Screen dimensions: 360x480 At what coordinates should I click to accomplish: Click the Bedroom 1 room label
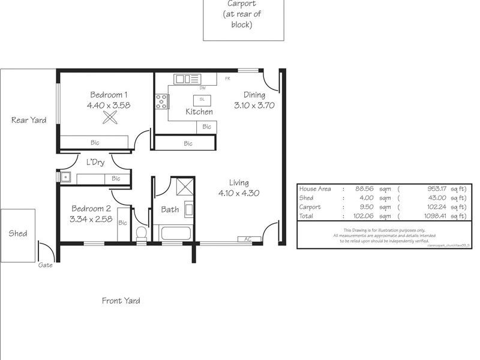(x=109, y=94)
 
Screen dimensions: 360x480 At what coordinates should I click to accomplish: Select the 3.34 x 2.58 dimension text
(x=91, y=219)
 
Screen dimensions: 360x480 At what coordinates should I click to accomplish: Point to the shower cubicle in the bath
(x=181, y=187)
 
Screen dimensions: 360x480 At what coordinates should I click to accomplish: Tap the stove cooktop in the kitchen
(x=161, y=102)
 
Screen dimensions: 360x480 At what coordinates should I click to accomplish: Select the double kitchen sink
(x=186, y=79)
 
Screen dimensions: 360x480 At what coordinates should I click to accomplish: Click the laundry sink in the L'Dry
(x=65, y=178)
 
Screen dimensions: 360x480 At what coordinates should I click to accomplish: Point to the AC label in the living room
(x=248, y=239)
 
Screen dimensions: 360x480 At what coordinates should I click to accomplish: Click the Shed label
(x=18, y=233)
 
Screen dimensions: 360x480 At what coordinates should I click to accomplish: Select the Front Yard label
(x=121, y=301)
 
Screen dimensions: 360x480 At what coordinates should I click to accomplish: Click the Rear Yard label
(x=29, y=120)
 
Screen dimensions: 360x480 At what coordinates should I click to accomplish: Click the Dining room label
(x=254, y=94)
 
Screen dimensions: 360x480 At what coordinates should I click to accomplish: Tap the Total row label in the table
(x=307, y=216)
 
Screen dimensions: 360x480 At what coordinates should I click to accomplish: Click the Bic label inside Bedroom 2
(x=123, y=223)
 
